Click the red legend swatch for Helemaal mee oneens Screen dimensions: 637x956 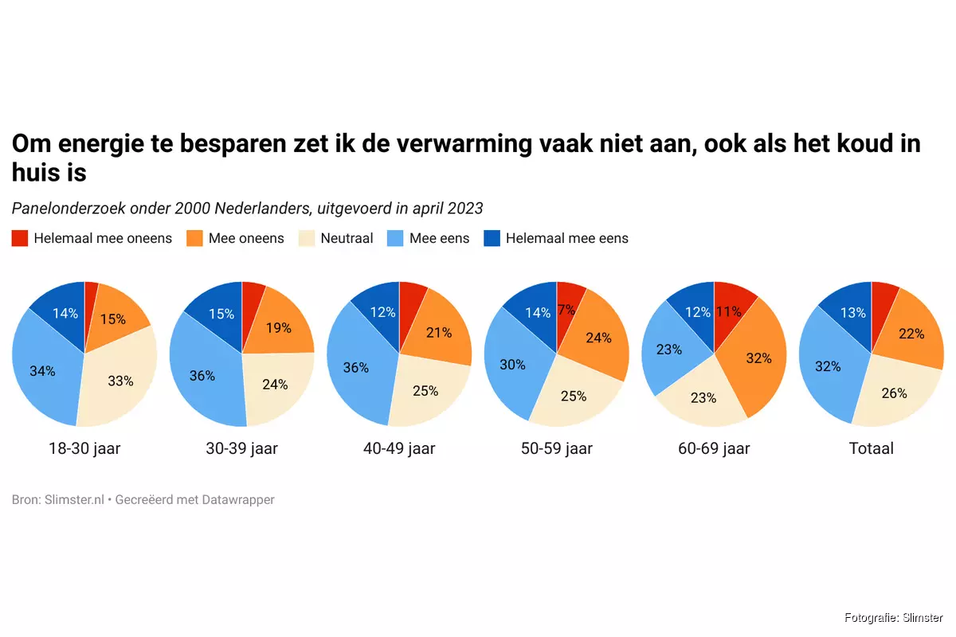point(21,238)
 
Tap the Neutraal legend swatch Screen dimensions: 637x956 point(308,238)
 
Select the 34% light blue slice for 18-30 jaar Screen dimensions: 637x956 point(44,371)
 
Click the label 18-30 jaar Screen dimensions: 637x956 point(84,448)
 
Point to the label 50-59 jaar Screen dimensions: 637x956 point(556,448)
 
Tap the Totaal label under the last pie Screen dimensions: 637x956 point(871,448)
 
